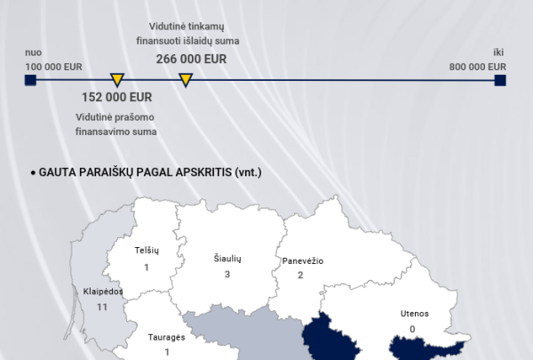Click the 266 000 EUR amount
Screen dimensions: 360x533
tap(191, 59)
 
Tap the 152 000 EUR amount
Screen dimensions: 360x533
tap(116, 97)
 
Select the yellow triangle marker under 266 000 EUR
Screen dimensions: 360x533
tap(186, 81)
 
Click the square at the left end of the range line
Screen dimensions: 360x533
tap(30, 81)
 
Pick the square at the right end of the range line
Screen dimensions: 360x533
tap(500, 81)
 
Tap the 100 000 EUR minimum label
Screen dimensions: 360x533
tap(54, 67)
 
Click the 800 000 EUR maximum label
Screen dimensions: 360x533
tap(478, 67)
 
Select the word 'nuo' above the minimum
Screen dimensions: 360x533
tap(34, 52)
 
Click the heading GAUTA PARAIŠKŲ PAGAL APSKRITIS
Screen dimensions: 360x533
tap(151, 172)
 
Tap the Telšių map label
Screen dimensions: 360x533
tap(146, 252)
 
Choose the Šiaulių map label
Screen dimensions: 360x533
tap(227, 258)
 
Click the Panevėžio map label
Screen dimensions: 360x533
tap(302, 260)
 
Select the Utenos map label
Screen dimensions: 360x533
tap(413, 313)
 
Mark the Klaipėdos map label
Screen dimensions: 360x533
tap(102, 291)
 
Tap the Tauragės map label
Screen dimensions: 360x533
tap(166, 338)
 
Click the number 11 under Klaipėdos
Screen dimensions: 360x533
tap(102, 307)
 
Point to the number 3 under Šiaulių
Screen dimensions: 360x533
tap(227, 274)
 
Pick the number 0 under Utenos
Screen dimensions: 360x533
tap(412, 329)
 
